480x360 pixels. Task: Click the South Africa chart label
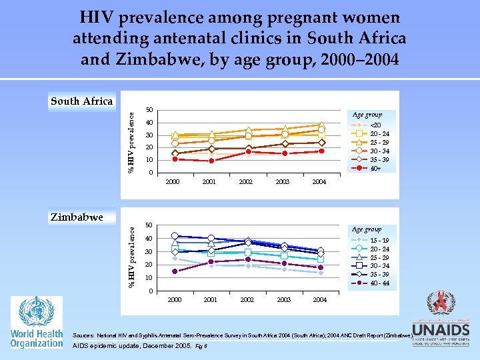(x=82, y=101)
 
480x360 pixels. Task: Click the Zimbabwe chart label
(x=77, y=217)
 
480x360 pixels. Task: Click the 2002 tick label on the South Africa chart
(x=245, y=181)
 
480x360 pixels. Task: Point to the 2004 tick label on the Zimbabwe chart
(x=319, y=300)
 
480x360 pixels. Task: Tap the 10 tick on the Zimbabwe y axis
(x=149, y=277)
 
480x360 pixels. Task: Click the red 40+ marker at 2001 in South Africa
(x=211, y=161)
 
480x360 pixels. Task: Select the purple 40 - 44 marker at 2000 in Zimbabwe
(x=175, y=271)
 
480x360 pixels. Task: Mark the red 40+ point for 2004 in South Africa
(x=321, y=151)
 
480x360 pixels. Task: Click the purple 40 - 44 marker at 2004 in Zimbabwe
(x=320, y=267)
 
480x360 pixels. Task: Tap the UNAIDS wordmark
(x=441, y=330)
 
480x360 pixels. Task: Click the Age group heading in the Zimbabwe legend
(x=367, y=229)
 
